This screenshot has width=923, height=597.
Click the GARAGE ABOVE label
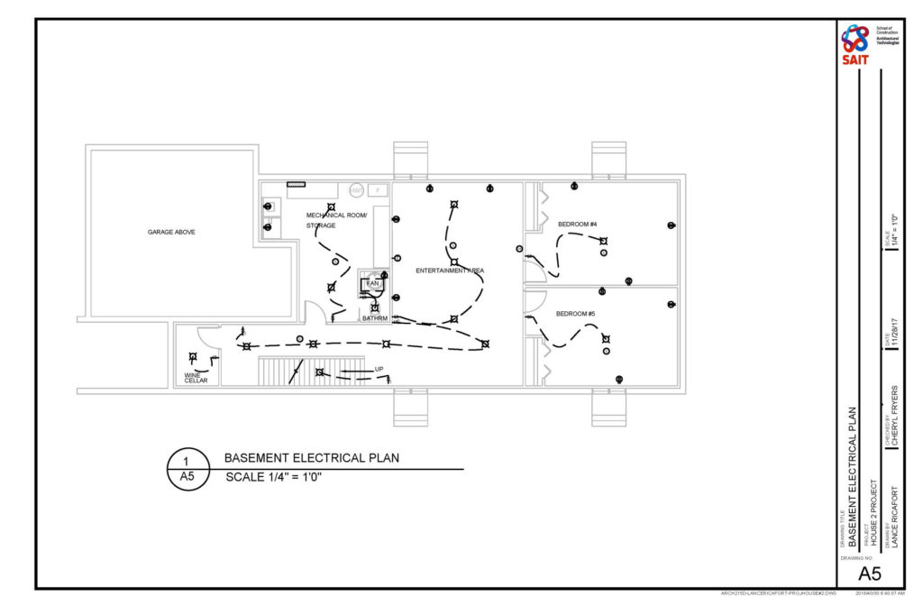pos(171,232)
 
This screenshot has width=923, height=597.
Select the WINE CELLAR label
pos(196,377)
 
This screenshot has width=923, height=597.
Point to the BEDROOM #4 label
pos(577,224)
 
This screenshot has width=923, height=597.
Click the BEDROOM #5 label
pos(576,313)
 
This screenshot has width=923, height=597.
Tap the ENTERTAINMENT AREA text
pos(450,271)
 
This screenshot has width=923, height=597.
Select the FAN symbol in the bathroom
pos(372,284)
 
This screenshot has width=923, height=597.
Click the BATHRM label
pos(374,318)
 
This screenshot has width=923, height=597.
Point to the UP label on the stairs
pos(379,369)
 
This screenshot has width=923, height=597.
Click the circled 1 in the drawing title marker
pos(188,462)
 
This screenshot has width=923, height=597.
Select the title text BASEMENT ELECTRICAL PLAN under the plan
pos(311,458)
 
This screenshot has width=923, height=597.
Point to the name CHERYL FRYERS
pos(894,416)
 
